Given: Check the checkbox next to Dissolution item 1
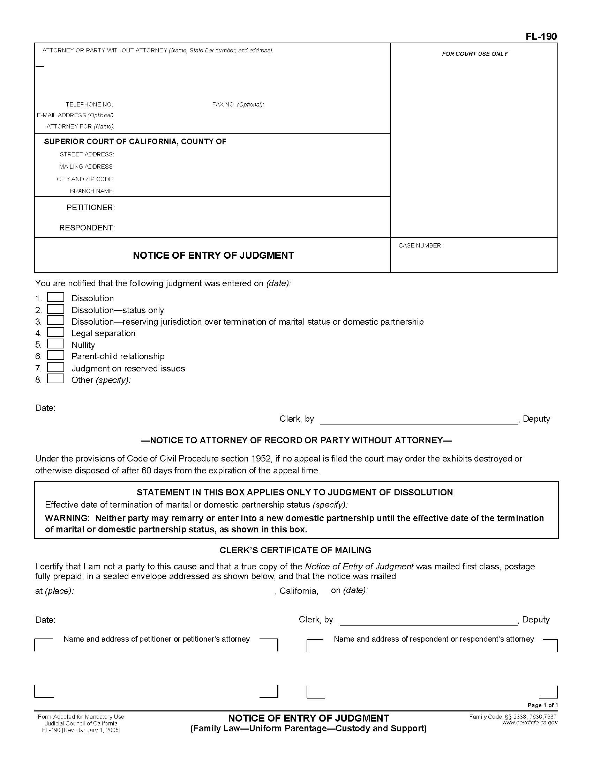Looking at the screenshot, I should tap(55, 297).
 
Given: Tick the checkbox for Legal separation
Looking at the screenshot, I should tap(55, 332).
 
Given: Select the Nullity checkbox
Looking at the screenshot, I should tap(55, 344).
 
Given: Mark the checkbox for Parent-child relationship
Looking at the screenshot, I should tap(55, 355).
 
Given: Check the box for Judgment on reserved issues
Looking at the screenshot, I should tap(55, 368).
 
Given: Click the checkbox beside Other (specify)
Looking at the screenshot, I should tap(55, 379).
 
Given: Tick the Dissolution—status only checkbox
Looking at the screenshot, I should tap(55, 309).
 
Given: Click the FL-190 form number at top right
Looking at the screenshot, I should tap(541, 37).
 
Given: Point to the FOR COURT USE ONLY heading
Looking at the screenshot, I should tap(475, 54).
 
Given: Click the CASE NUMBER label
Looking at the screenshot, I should tap(420, 245).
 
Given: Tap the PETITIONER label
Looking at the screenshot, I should tap(91, 207).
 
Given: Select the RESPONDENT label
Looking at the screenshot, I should tap(87, 228).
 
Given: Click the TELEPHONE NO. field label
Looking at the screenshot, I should tap(90, 104).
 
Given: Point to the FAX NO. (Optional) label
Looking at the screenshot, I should tap(238, 104).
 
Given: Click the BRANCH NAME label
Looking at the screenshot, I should tap(92, 191).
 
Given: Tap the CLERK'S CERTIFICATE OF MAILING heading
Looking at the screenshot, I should tap(295, 550).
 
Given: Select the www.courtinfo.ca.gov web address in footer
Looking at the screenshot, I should tap(530, 723).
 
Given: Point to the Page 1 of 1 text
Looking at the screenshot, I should tap(542, 705).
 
